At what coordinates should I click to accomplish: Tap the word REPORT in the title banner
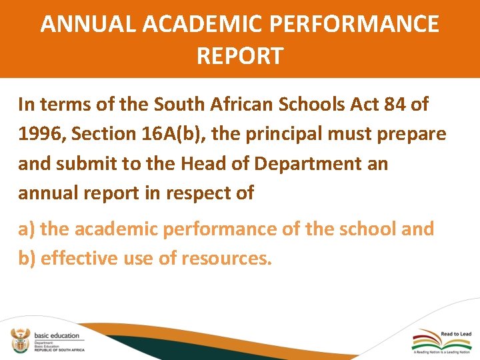click(x=240, y=55)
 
